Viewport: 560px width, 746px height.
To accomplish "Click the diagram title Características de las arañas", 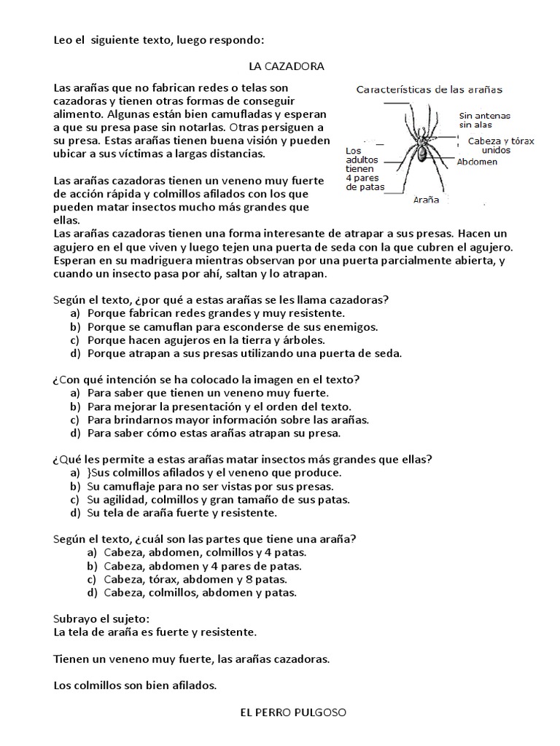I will click(x=433, y=90).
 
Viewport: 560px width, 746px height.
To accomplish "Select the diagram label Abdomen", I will click(x=478, y=162).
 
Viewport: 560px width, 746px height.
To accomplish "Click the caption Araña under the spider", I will click(x=426, y=199).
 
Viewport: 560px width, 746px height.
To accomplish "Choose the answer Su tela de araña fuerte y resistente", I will click(x=182, y=513).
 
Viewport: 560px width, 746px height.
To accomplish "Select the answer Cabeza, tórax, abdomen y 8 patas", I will click(x=195, y=579).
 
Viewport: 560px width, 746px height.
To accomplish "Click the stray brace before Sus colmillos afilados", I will click(x=89, y=473).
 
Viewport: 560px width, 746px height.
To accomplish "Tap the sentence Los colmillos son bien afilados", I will click(x=136, y=685).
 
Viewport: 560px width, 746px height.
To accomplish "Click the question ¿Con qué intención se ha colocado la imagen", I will click(x=207, y=380).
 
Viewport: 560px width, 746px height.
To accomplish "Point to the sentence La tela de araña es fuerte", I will click(x=155, y=632).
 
